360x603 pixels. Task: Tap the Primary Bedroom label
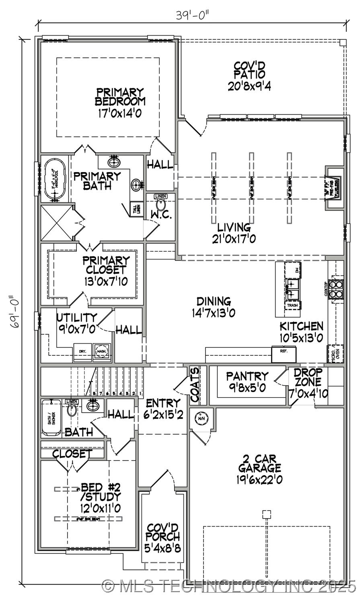120,102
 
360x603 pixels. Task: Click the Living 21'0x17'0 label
234,234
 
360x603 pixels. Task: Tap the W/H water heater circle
201,418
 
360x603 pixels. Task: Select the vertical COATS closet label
195,385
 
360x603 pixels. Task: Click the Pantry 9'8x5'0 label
247,382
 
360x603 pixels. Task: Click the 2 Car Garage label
259,469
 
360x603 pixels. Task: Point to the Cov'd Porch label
163,537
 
